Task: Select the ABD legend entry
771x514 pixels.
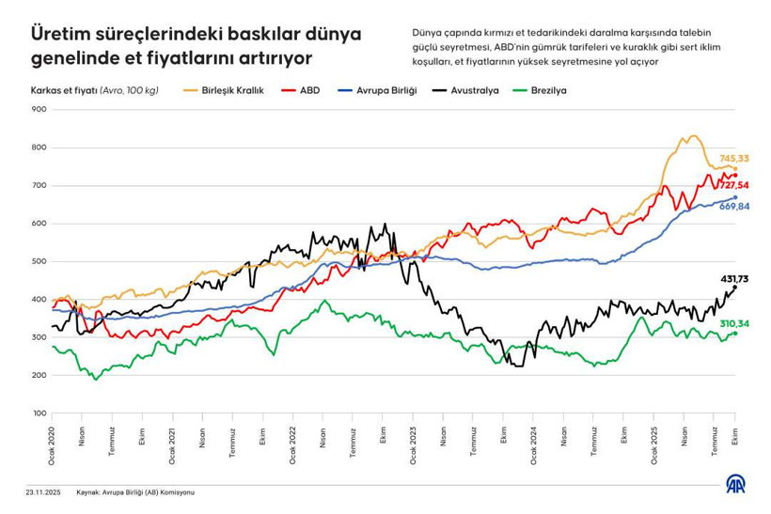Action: pos(308,91)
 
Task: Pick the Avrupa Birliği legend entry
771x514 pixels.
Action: pos(383,91)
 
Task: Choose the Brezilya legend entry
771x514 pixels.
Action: pos(546,91)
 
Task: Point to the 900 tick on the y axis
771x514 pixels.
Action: pos(39,110)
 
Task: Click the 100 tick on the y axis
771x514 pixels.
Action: pos(39,413)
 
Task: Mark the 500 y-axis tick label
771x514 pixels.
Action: pos(39,261)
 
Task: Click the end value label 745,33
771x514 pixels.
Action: pos(734,159)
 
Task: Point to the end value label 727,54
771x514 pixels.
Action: pos(734,186)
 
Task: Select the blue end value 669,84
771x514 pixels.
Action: pos(734,206)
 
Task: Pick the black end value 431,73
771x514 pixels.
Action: pos(734,279)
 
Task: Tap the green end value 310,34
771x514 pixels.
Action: pos(734,323)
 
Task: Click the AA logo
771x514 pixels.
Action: pos(736,484)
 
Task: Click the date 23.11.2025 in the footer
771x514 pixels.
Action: pos(43,492)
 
